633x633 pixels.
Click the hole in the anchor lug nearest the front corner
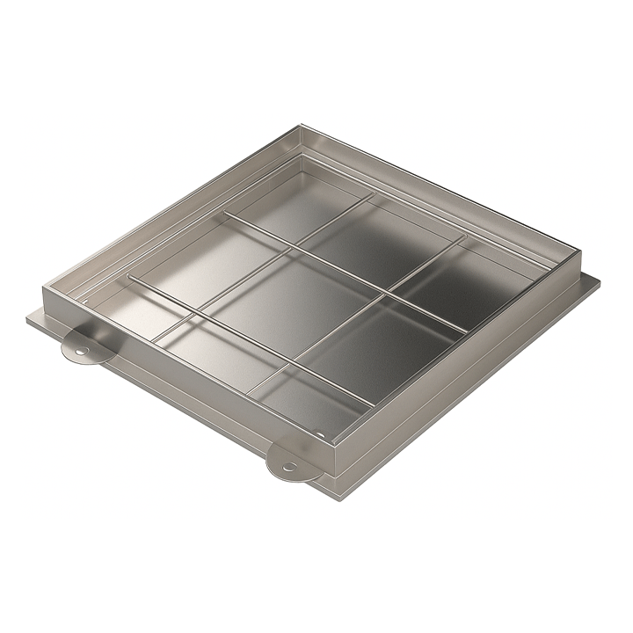click(287, 467)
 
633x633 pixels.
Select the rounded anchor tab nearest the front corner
click(289, 462)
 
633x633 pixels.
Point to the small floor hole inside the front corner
click(322, 434)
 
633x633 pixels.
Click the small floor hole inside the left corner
click(85, 301)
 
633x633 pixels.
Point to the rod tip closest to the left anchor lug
click(128, 278)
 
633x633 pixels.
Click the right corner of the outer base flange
click(601, 283)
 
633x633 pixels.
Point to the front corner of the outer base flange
click(338, 498)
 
